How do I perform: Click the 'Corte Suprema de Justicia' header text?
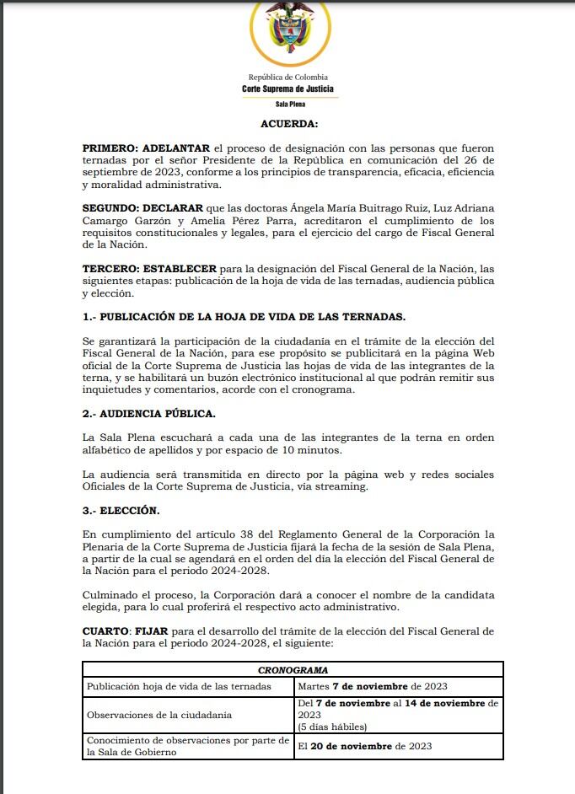click(x=287, y=89)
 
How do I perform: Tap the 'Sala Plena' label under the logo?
click(x=290, y=105)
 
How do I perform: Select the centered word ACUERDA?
click(x=289, y=124)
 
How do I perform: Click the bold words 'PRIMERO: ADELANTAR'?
click(x=146, y=147)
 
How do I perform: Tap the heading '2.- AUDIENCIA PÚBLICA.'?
click(x=149, y=413)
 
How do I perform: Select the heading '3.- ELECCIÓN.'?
click(x=121, y=510)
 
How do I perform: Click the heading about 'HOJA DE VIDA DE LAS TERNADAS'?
click(x=244, y=316)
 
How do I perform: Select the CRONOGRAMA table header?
click(x=293, y=670)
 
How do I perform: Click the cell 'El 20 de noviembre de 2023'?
click(x=364, y=746)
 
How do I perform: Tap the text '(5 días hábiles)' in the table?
click(x=331, y=726)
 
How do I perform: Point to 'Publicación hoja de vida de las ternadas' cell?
click(x=179, y=686)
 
